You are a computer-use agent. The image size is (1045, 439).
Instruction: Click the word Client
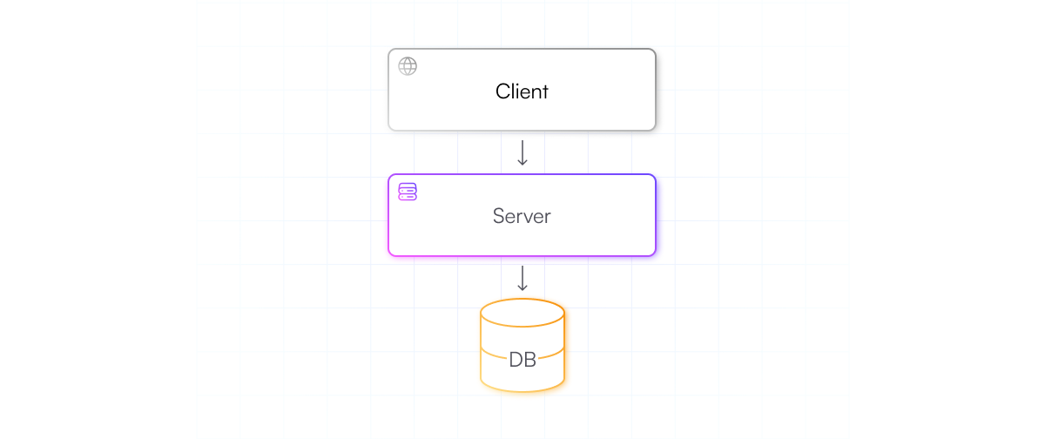click(522, 91)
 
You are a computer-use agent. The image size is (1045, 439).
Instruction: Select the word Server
click(522, 216)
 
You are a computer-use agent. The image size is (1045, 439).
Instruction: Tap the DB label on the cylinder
click(522, 359)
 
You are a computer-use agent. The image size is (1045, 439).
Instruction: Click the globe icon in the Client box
click(408, 66)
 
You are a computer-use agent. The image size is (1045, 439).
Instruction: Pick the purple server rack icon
click(408, 192)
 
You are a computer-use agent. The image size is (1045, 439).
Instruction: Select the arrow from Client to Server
click(522, 152)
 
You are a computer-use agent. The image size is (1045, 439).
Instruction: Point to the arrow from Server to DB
click(522, 278)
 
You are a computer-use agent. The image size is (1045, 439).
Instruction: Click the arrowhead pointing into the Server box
click(522, 163)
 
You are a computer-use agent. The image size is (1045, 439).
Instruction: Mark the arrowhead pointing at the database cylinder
click(522, 288)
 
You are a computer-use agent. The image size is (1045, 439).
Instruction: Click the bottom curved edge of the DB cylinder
click(522, 389)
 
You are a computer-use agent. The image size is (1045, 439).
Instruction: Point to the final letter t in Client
click(545, 91)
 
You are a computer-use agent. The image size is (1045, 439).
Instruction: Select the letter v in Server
click(528, 217)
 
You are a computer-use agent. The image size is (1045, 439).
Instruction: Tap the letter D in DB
click(516, 359)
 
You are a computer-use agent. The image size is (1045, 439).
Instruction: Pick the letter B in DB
click(530, 359)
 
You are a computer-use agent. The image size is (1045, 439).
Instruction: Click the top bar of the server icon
click(408, 186)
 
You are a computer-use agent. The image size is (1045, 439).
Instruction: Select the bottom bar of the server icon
click(408, 197)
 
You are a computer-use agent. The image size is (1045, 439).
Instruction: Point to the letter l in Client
click(512, 91)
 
